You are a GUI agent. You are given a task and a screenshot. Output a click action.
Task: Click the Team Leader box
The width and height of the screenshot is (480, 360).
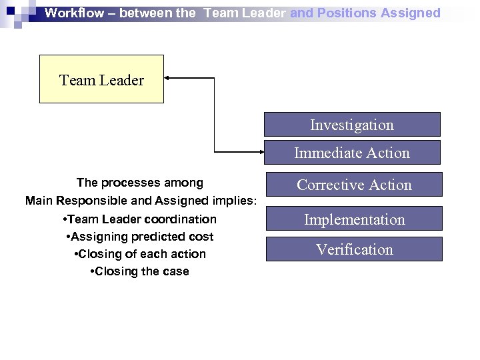(101, 79)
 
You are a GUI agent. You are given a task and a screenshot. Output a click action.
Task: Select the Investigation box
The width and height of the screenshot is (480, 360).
(352, 125)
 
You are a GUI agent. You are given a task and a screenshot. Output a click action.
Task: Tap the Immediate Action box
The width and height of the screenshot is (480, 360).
(352, 153)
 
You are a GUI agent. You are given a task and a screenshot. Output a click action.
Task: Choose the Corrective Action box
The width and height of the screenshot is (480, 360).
(354, 185)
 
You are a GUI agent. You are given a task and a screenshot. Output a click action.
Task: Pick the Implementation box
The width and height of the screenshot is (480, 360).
(354, 219)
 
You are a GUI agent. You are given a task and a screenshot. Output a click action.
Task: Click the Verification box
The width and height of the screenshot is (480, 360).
(354, 249)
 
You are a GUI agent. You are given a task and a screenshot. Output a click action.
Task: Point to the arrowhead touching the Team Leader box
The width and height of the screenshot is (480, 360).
(168, 78)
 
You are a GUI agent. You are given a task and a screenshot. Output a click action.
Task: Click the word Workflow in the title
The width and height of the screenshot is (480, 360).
(74, 13)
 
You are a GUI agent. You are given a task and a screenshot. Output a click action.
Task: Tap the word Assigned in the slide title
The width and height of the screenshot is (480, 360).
(410, 13)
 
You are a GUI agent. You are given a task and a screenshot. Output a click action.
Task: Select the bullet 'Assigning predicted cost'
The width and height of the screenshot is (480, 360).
(140, 237)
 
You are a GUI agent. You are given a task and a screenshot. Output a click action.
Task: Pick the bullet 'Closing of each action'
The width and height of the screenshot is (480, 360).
(139, 254)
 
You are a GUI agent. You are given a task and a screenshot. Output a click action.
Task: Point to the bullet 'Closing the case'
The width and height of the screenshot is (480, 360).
(139, 271)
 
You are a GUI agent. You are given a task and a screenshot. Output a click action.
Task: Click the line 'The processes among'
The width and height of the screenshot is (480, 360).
(140, 183)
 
